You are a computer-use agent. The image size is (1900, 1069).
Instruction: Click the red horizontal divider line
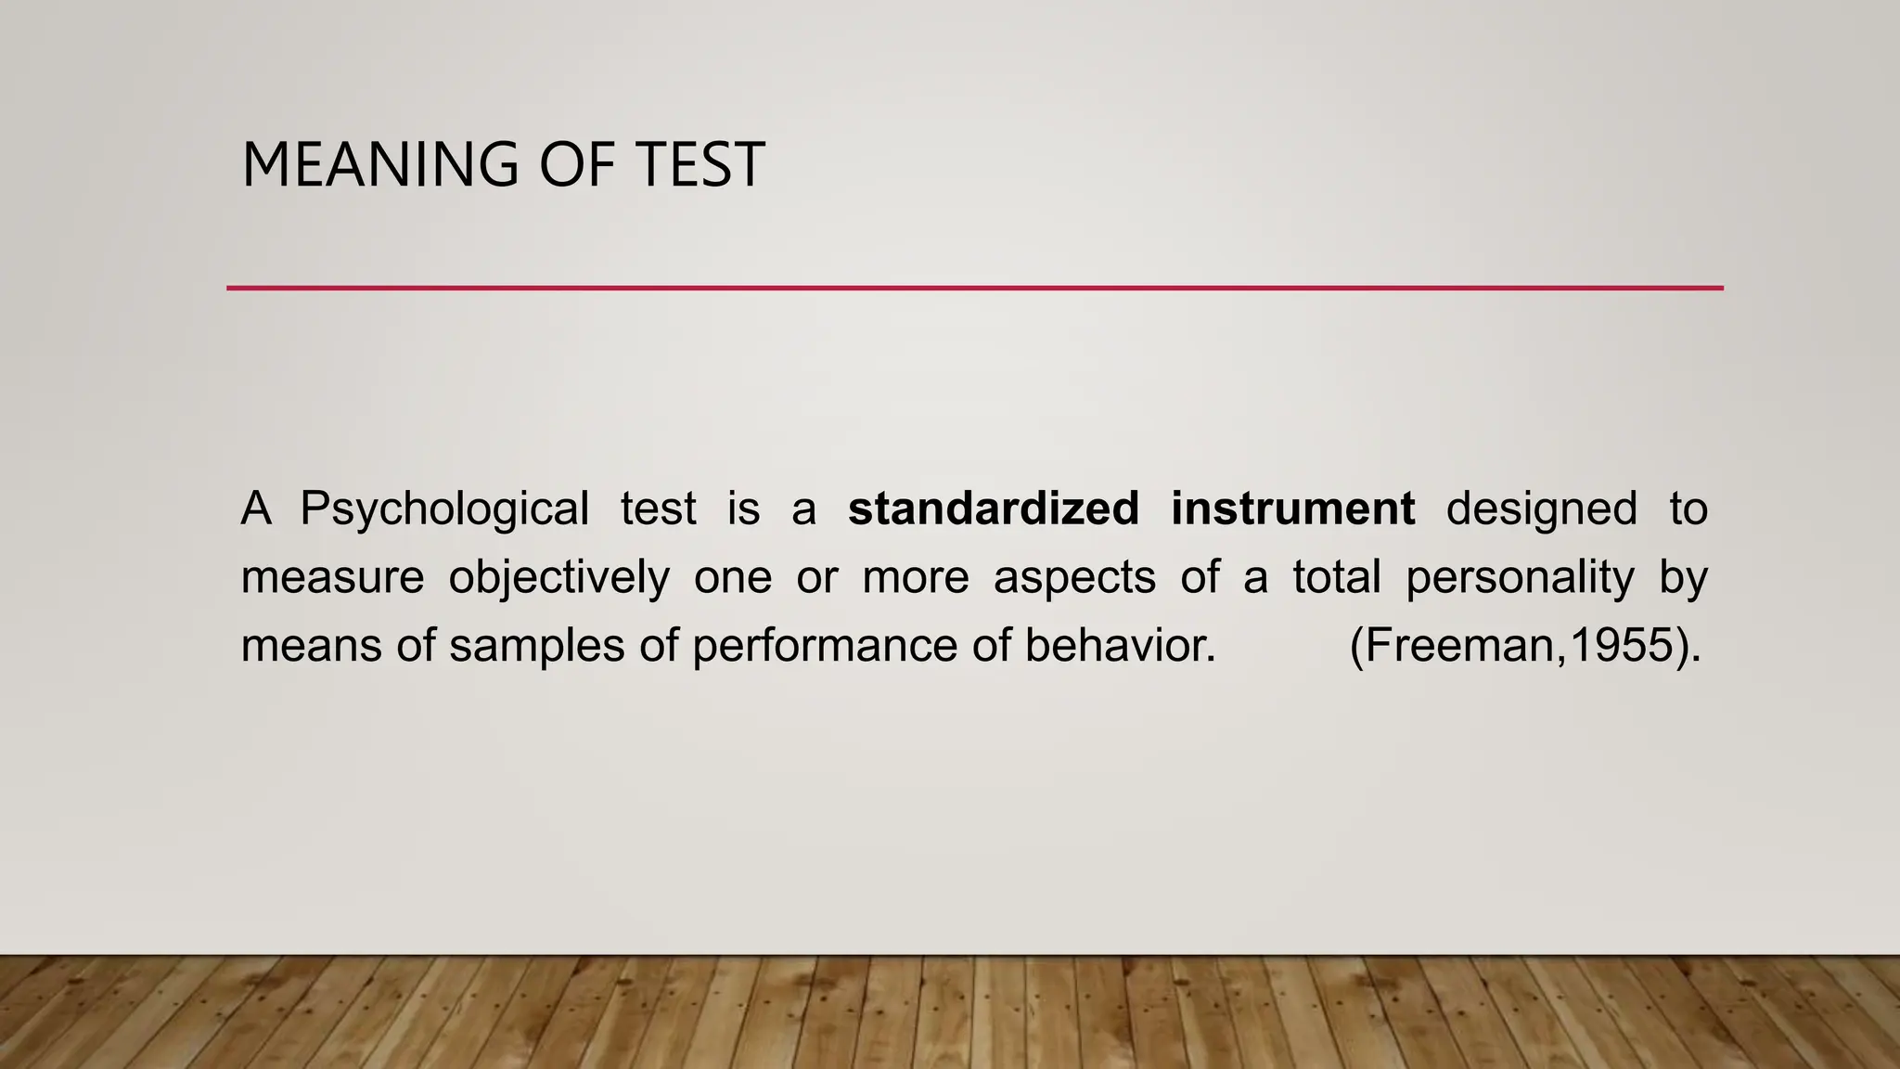point(974,288)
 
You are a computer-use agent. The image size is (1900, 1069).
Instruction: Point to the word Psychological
point(444,509)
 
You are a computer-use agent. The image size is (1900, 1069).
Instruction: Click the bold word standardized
point(994,509)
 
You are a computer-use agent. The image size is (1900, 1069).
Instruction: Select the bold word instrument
point(1292,509)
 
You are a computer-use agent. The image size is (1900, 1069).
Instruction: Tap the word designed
point(1542,509)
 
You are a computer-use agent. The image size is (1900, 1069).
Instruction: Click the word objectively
point(558,577)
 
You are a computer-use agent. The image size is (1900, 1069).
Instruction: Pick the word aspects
point(1074,577)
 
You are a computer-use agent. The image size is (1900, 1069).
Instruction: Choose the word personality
point(1520,577)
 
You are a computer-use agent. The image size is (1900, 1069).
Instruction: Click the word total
point(1337,577)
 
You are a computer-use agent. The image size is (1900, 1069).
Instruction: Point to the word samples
point(537,645)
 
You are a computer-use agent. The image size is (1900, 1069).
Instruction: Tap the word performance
point(825,645)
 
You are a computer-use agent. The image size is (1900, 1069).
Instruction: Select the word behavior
point(1120,645)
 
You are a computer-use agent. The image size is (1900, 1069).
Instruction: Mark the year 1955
point(1622,645)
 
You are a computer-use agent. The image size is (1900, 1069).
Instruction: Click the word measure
point(332,577)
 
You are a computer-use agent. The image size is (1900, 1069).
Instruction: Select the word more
point(916,577)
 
